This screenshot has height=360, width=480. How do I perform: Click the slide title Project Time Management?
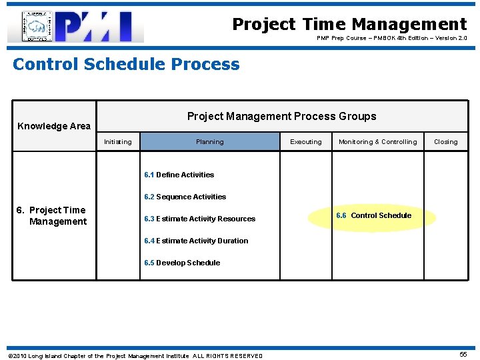click(349, 25)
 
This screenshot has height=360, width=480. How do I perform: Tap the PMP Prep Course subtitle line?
click(391, 39)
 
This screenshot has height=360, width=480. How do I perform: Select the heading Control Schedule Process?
click(126, 65)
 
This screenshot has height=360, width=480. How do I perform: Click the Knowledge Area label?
click(54, 126)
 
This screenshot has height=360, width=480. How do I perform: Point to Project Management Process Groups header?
click(281, 117)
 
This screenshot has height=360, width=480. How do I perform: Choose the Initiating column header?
click(118, 142)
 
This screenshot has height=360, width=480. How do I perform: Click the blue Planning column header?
click(210, 142)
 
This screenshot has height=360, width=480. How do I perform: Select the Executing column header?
click(306, 142)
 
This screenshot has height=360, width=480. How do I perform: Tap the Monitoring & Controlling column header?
click(377, 142)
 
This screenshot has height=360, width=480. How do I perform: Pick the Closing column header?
click(445, 142)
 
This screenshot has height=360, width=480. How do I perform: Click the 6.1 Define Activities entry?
click(179, 175)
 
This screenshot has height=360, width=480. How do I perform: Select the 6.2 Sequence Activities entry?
click(185, 197)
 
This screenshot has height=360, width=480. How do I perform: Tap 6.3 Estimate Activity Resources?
click(200, 219)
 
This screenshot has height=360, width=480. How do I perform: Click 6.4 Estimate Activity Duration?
click(196, 241)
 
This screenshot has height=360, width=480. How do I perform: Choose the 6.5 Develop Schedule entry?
click(182, 263)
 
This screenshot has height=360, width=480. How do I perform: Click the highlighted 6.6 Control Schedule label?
click(373, 216)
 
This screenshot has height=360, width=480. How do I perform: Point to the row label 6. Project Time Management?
click(52, 216)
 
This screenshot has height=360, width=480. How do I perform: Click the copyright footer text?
click(135, 356)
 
